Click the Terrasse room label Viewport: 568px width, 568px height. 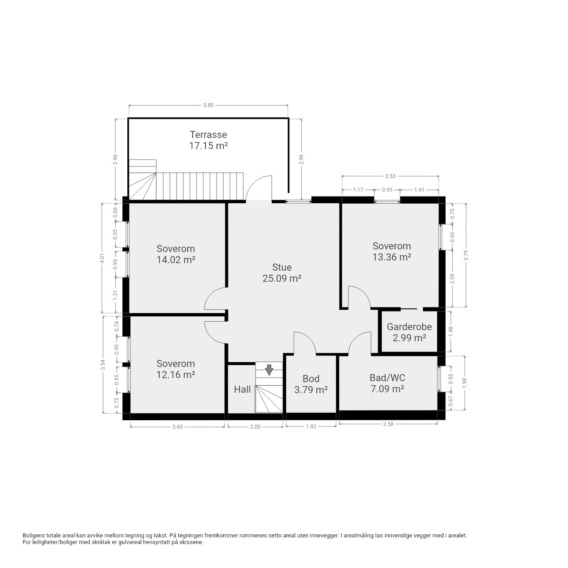pos(208,135)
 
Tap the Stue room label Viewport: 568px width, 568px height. pos(282,267)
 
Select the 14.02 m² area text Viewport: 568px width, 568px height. pos(176,260)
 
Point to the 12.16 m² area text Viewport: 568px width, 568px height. pos(176,375)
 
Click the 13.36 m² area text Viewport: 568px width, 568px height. pos(392,257)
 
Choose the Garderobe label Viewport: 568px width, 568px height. pos(409,327)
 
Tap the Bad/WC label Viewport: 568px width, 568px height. pos(387,378)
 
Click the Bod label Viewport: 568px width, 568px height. pos(311,379)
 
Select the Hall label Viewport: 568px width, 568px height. pos(242,389)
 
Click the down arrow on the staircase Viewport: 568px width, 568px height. pos(269,370)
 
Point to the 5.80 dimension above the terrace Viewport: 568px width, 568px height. pos(208,105)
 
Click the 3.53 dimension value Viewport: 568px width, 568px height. pos(390,176)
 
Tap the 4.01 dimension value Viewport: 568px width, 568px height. pos(102,259)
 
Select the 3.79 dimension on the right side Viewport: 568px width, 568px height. pos(466,255)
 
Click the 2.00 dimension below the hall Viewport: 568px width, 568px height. pos(255,427)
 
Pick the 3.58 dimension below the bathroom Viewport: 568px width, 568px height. pos(388,424)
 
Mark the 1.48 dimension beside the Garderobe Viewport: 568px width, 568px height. pos(450,331)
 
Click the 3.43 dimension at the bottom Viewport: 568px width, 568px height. pos(177,427)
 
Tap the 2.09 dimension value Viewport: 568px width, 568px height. pos(453,279)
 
